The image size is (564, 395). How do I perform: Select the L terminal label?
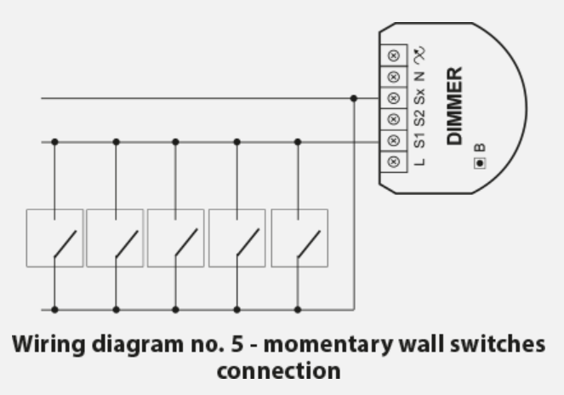coord(420,161)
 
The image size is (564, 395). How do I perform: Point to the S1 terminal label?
coord(420,140)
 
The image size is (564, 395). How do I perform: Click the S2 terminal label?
coord(420,119)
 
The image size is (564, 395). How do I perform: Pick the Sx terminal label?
coord(420,98)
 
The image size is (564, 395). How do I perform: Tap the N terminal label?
coord(420,77)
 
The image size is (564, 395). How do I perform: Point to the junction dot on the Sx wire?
coord(354,98)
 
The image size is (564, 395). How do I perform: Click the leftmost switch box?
coord(55,238)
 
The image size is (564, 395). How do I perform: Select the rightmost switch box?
coord(299,238)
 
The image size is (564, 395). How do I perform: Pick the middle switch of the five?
coord(176,238)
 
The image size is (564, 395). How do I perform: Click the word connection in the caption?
coord(282,372)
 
